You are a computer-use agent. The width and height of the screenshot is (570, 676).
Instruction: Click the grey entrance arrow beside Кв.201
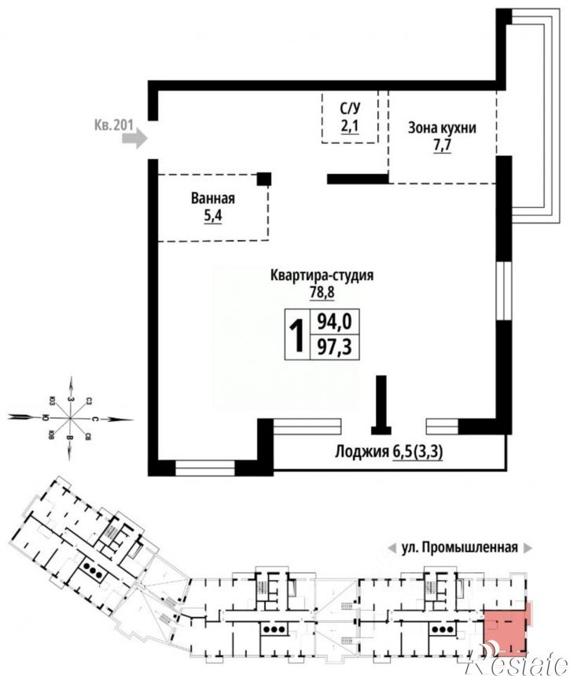click(135, 139)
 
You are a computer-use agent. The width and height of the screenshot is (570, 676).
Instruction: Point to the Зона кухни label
click(442, 128)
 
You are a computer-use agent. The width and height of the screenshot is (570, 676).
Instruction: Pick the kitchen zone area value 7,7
click(442, 146)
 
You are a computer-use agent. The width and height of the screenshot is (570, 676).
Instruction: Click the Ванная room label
click(212, 198)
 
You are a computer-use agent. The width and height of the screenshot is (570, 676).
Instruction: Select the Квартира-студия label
click(321, 275)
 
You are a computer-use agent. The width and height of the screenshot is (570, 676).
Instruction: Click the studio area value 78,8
click(321, 293)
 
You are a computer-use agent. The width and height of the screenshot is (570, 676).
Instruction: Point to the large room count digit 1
click(297, 335)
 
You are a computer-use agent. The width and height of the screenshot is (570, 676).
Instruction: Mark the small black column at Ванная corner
click(265, 179)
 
